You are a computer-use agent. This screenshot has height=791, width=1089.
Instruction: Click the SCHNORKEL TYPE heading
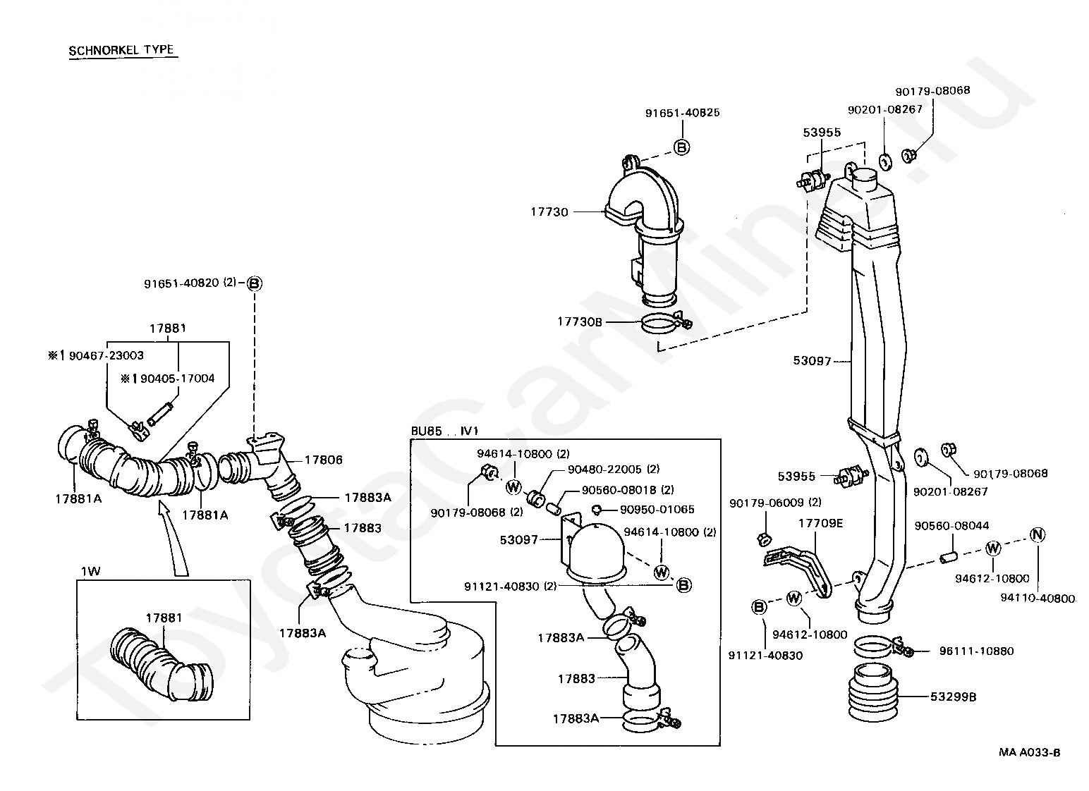point(121,51)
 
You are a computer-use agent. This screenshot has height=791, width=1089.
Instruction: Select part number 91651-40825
point(682,113)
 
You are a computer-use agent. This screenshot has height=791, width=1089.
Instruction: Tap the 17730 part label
point(549,211)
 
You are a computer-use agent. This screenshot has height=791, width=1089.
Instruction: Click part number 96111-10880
point(976,651)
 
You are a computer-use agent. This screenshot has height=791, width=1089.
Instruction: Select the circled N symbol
point(1037,534)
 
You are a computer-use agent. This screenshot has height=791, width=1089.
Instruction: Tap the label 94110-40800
point(1038,599)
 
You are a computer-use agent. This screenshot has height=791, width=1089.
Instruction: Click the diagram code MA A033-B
point(1029,752)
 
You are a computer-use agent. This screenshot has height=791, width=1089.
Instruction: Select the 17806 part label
point(324,460)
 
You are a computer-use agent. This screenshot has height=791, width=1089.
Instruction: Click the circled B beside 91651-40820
point(255,283)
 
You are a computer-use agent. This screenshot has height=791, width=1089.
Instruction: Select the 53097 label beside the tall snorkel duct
point(812,361)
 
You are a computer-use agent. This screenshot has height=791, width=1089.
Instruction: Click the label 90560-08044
point(951,526)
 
